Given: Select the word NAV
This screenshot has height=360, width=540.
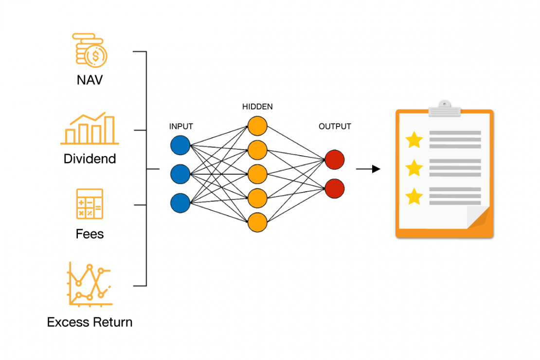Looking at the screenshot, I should point(90,80).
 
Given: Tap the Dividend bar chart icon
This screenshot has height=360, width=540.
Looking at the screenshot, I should point(90,129).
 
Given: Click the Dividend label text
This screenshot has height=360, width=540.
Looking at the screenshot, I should point(90,159).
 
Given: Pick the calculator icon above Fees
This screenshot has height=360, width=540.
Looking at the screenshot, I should point(90,204).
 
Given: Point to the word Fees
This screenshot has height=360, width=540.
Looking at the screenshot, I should point(90,234).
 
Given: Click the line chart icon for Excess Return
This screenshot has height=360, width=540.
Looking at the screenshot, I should point(90,284).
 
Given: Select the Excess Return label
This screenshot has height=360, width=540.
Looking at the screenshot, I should point(90,322).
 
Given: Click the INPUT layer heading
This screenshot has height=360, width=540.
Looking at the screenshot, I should point(181,126).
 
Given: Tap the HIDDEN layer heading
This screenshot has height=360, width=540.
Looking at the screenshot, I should point(257,107).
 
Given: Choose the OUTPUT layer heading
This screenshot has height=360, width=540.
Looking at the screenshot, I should point(335,126).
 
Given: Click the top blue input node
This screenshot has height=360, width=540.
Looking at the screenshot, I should point(180,145).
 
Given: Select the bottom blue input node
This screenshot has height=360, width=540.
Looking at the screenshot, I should point(180,202).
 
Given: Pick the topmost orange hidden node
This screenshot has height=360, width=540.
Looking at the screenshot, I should point(257,126).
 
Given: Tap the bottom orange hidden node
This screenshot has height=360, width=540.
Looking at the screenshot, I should point(257,222).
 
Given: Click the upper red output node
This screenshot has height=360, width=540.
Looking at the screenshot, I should point(335,160).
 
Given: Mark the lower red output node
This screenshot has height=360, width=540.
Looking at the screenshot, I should point(335,188).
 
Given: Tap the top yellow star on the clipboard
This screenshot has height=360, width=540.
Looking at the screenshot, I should point(414,140).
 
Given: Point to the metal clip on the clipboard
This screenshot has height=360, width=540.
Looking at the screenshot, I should point(444,109).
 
